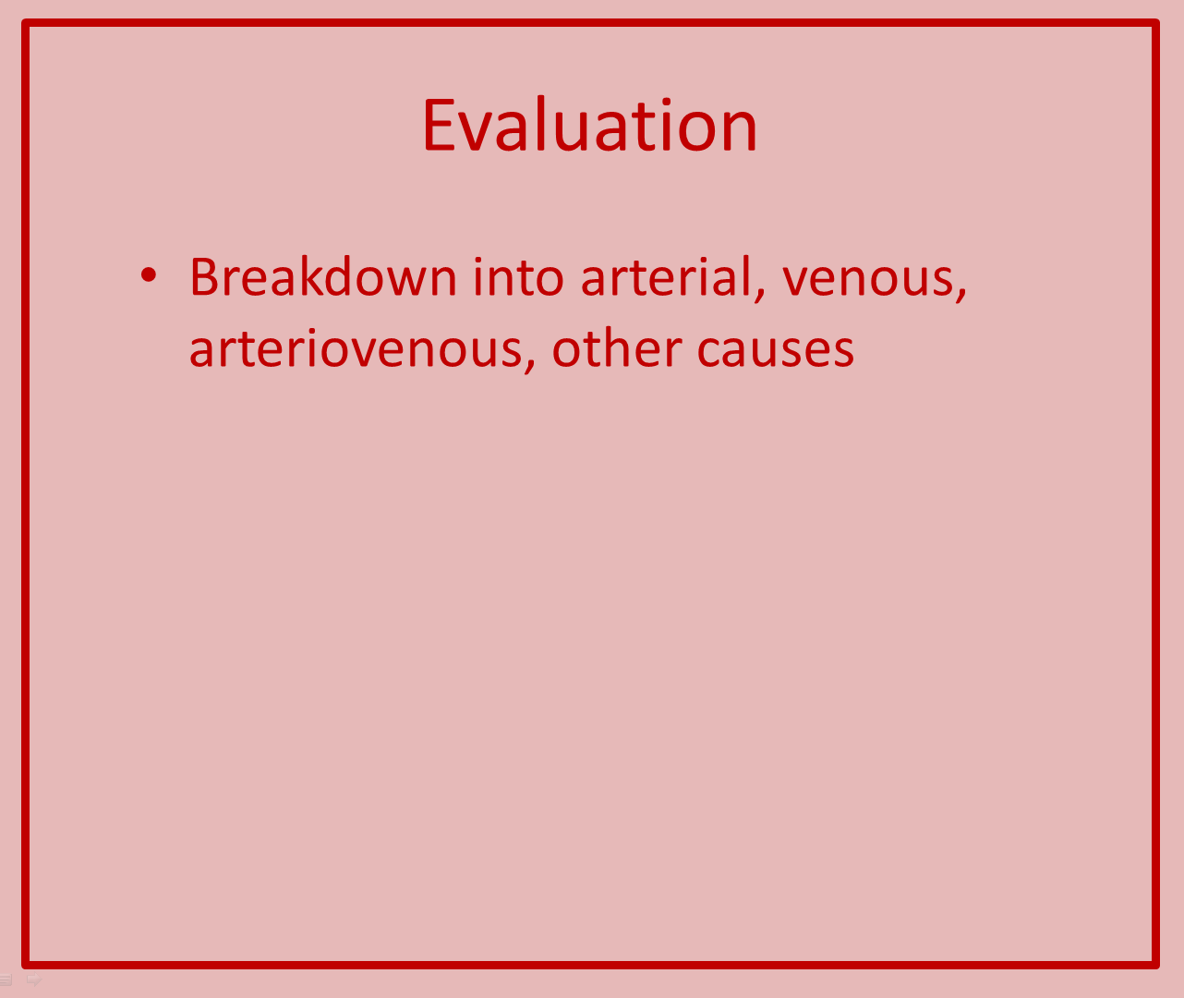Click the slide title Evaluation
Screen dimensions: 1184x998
coord(590,125)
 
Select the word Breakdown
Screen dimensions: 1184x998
coord(323,277)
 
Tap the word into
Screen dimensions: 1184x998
coord(518,277)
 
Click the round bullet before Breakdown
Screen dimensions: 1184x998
coord(149,275)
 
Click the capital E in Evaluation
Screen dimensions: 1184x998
coord(439,125)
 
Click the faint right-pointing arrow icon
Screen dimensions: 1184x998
coord(34,979)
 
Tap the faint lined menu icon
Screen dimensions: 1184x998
coord(6,980)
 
